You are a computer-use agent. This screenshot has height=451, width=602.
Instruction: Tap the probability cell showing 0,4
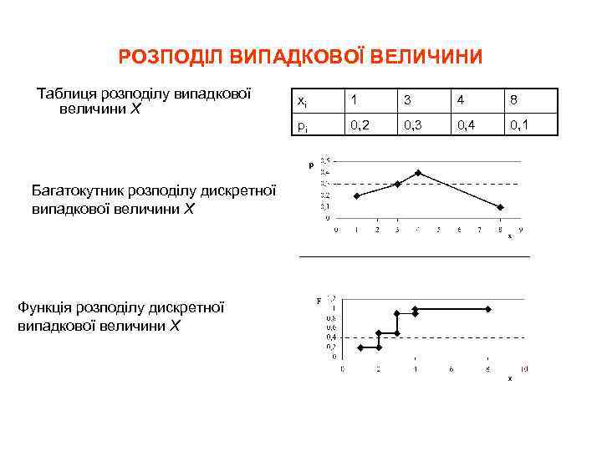click(467, 126)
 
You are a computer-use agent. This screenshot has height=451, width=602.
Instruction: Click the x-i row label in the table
click(302, 100)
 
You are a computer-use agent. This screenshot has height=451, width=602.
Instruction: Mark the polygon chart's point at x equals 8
click(500, 207)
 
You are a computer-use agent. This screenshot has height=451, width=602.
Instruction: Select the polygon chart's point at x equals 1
click(356, 195)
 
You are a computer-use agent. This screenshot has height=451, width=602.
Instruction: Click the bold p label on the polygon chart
click(312, 165)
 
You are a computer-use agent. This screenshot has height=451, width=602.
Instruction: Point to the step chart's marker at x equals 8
click(488, 309)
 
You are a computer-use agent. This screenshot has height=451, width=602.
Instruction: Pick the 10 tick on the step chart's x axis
click(524, 368)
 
